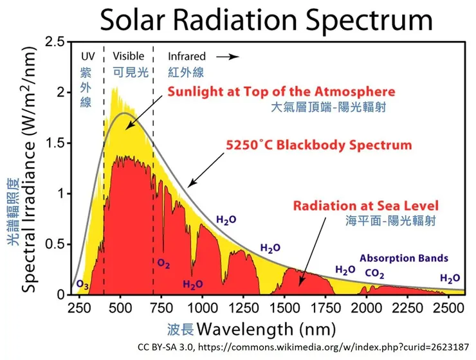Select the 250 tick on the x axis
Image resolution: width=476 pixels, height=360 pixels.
pos(78,306)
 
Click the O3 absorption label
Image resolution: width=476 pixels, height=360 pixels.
pos(83,284)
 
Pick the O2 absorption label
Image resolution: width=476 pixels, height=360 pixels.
pos(163,263)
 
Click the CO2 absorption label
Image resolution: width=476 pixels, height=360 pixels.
pos(376,273)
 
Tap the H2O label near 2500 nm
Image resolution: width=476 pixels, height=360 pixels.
pos(450,278)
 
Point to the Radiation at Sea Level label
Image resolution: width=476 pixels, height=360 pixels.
pos(366,206)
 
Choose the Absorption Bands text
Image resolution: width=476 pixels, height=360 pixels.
pos(404,258)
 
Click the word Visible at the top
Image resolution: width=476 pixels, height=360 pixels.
pos(129,57)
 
